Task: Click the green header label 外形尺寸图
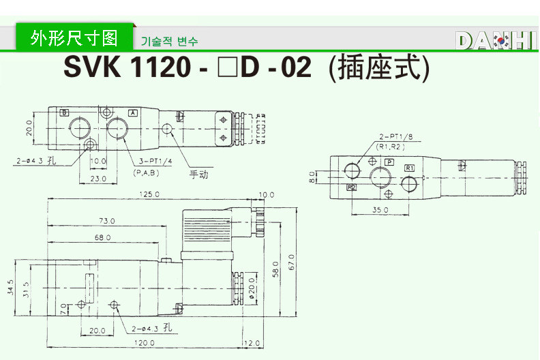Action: (x=74, y=37)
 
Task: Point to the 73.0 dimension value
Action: (x=107, y=221)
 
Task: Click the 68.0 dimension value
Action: (x=103, y=237)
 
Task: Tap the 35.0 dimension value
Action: (x=381, y=210)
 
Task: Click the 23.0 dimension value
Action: (x=99, y=179)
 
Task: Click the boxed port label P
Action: (x=389, y=161)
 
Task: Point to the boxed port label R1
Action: (x=409, y=168)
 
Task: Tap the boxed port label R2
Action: (x=352, y=187)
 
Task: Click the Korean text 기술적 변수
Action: (x=169, y=42)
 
